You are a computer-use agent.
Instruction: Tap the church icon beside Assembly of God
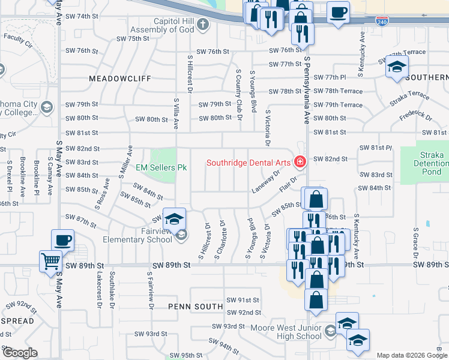(x=203, y=25)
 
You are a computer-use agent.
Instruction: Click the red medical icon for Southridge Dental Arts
(x=299, y=162)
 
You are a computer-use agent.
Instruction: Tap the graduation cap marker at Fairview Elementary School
(x=175, y=219)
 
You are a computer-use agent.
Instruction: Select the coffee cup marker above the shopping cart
(x=63, y=241)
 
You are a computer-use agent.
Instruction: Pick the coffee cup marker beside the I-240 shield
(x=339, y=13)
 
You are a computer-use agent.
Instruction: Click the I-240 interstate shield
(x=382, y=22)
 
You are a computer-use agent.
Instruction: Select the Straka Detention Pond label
(x=432, y=163)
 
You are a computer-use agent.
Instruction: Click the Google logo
(x=20, y=353)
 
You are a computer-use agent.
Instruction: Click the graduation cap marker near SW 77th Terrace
(x=397, y=67)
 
